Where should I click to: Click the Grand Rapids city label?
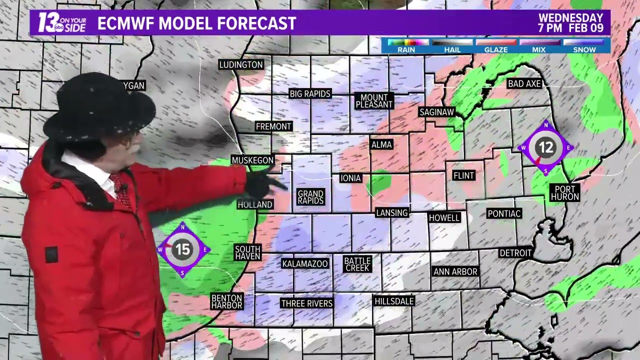pyautogui.click(x=310, y=197)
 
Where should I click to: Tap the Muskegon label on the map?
pyautogui.click(x=252, y=160)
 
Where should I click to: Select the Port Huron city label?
pyautogui.click(x=564, y=192)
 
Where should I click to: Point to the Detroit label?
pyautogui.click(x=515, y=253)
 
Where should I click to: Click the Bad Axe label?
pyautogui.click(x=524, y=84)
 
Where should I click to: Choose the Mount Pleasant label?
pyautogui.click(x=374, y=101)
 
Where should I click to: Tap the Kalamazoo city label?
pyautogui.click(x=305, y=263)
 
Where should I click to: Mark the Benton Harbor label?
pyautogui.click(x=226, y=301)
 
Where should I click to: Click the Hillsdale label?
pyautogui.click(x=394, y=301)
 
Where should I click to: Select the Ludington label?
pyautogui.click(x=241, y=64)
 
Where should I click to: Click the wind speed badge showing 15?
pyautogui.click(x=182, y=249)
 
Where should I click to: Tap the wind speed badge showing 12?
pyautogui.click(x=545, y=147)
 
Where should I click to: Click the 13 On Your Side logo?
pyautogui.click(x=62, y=23)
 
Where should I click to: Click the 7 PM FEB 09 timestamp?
pyautogui.click(x=570, y=28)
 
